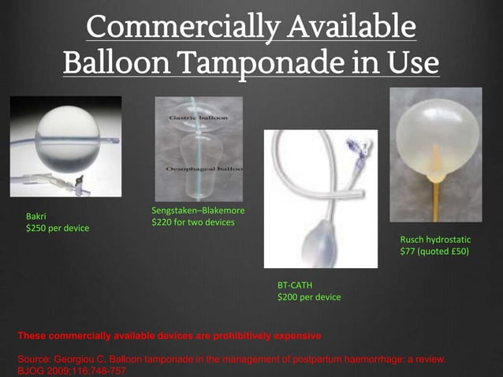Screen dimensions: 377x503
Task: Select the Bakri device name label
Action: [x=36, y=216]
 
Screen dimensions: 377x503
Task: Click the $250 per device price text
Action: [x=58, y=228]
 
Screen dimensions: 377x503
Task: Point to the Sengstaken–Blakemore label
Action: [x=198, y=211]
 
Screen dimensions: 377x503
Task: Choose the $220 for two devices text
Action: [x=193, y=222]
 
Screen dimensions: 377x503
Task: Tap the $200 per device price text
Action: [x=309, y=297]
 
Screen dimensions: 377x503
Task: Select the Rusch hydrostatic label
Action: [x=435, y=239]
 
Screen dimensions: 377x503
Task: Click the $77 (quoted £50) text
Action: [x=434, y=252]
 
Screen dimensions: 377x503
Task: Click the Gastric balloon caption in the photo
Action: [x=197, y=118]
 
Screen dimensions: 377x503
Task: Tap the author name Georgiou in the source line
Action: [x=76, y=359]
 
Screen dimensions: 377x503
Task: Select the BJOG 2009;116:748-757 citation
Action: [x=71, y=370]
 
